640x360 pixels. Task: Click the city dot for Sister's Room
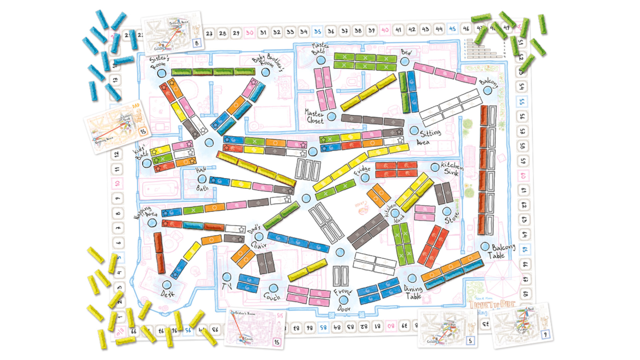[161, 73]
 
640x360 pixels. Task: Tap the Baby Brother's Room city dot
[265, 72]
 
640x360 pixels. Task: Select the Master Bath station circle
[321, 60]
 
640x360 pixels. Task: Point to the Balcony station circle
[487, 90]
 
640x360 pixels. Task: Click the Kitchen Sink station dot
[435, 167]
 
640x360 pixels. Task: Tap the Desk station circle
[167, 285]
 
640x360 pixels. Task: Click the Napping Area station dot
[152, 223]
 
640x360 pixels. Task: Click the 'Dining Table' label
[413, 292]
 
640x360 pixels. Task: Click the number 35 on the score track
[317, 32]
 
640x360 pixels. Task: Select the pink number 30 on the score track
[249, 33]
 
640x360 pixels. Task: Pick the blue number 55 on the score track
[522, 101]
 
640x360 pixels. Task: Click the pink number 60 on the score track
[523, 175]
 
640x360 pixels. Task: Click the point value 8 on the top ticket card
[197, 43]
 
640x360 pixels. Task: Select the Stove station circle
[447, 211]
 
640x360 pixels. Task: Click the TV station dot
[227, 277]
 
